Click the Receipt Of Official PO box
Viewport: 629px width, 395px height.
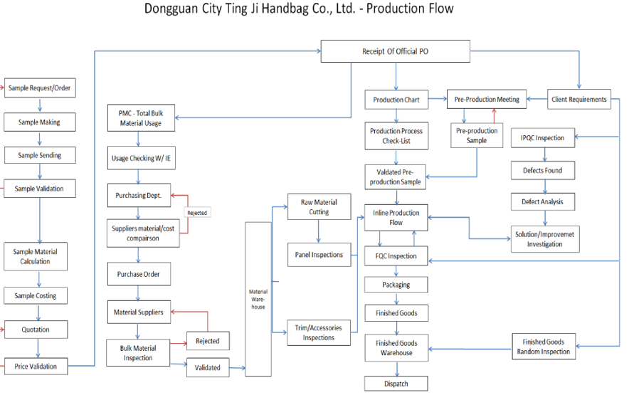pos(395,52)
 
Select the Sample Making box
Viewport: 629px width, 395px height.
pos(39,122)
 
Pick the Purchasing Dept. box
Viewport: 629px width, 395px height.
pos(139,195)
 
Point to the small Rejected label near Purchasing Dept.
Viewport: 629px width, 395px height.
pos(198,212)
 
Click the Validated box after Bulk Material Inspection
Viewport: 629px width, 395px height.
pos(207,368)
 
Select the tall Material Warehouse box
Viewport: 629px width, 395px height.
pos(258,299)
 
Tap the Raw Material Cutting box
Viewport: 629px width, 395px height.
pos(319,207)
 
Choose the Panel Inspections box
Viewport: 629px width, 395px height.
pos(319,255)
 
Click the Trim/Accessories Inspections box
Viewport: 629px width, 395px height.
pos(319,332)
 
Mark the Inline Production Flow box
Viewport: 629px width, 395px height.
pos(396,218)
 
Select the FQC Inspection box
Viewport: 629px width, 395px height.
pos(396,256)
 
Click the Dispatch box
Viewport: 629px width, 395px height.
pos(396,384)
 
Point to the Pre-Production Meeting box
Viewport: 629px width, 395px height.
pos(487,100)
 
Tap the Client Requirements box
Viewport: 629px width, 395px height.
pos(579,100)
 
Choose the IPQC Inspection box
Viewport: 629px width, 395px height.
pos(543,138)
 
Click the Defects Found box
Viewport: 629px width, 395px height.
pos(543,171)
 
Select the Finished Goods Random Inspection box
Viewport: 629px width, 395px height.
pos(543,347)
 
